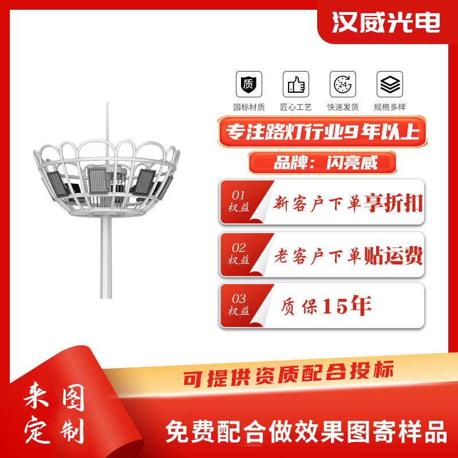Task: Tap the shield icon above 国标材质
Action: [248, 85]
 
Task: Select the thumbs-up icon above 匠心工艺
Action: [295, 85]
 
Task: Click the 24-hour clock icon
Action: [342, 85]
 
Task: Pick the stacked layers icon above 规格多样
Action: [390, 85]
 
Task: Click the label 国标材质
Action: [248, 106]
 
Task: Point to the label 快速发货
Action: [342, 106]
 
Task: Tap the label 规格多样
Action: [390, 106]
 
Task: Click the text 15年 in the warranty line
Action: [348, 306]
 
